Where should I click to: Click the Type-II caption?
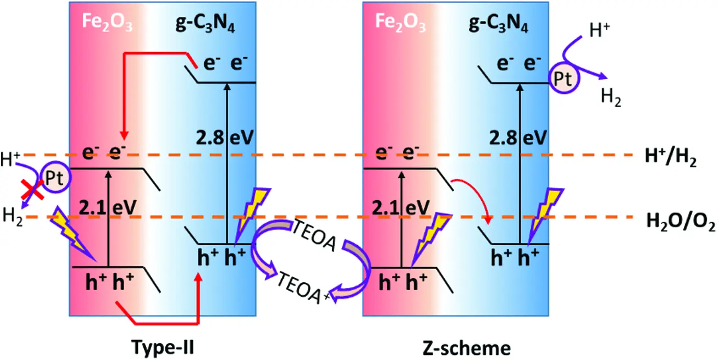(163, 348)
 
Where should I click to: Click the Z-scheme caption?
(467, 348)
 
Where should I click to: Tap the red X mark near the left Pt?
(32, 189)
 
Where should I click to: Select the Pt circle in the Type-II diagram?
(56, 177)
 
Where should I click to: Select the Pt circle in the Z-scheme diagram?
(564, 78)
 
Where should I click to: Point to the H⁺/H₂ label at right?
(671, 157)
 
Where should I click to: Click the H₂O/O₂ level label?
(680, 222)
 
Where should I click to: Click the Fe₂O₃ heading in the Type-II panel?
(107, 22)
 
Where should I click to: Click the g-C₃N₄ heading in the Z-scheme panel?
(498, 23)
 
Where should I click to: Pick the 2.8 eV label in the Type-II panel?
(225, 137)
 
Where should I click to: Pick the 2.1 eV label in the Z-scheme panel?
(401, 207)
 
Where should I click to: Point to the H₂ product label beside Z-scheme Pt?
(611, 97)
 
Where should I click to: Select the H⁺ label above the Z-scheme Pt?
(599, 31)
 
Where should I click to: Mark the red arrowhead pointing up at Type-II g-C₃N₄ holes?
(199, 277)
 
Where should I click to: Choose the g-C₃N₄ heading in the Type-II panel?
(205, 23)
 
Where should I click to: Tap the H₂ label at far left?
(12, 216)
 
